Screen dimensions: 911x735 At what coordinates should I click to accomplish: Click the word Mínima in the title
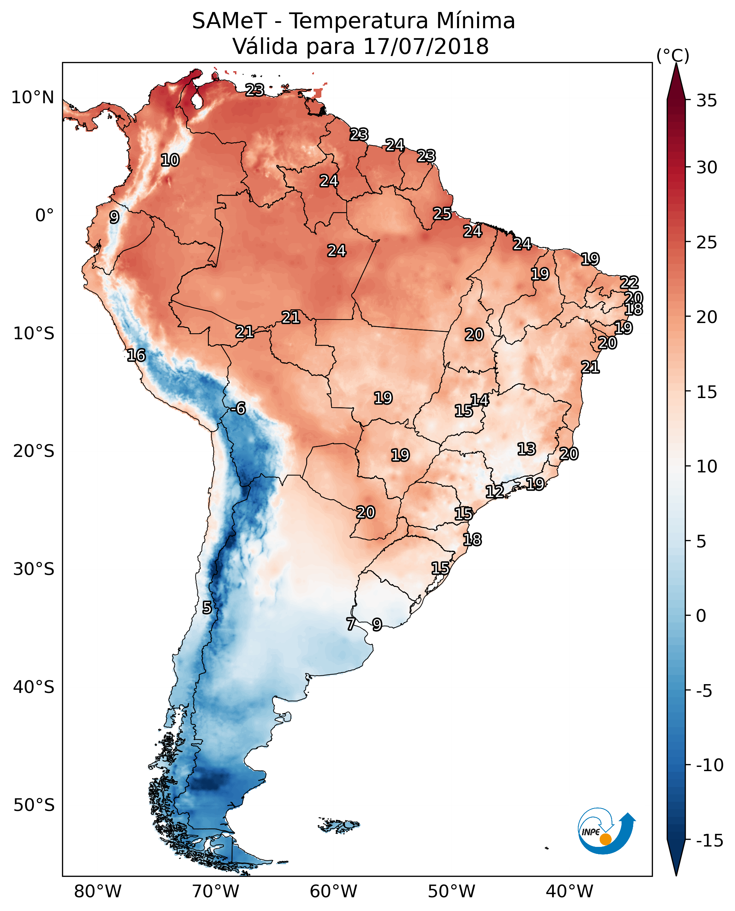click(475, 21)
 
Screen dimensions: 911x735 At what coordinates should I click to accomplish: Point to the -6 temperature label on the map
click(239, 409)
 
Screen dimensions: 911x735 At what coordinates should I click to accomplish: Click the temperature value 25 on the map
click(442, 213)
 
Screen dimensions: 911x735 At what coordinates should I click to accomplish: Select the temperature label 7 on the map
click(351, 624)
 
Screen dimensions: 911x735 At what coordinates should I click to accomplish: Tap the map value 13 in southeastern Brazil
click(526, 449)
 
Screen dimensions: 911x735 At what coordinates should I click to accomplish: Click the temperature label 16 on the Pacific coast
click(136, 355)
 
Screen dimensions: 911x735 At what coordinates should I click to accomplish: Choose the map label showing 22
click(629, 283)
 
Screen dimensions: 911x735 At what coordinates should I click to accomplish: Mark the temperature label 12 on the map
click(494, 491)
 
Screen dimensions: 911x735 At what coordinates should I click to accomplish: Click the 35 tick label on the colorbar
click(706, 101)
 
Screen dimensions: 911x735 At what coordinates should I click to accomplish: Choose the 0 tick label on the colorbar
click(701, 616)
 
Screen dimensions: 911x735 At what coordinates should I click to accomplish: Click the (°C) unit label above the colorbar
click(673, 55)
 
